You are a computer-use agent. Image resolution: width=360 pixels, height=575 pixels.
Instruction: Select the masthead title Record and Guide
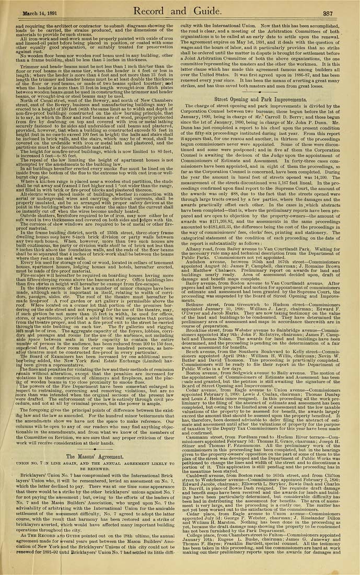tap(180, 11)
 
